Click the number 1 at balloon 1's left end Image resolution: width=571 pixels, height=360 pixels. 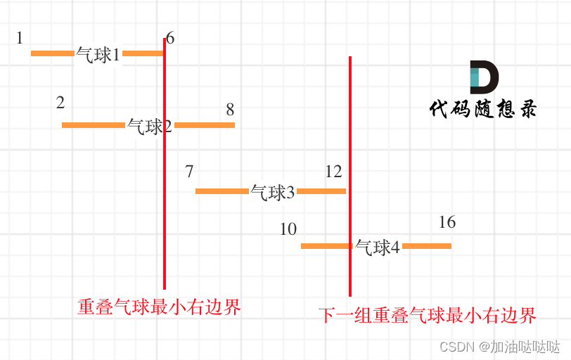tap(20, 38)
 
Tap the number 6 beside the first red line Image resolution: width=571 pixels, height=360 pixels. tap(170, 39)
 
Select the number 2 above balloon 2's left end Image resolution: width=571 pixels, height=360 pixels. tap(60, 103)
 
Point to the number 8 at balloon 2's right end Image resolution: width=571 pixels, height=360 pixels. tap(230, 110)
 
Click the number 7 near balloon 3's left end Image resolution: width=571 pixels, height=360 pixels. tap(189, 172)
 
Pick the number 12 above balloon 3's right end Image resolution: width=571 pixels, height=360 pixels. tap(333, 172)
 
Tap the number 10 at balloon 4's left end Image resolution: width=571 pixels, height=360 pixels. tap(288, 229)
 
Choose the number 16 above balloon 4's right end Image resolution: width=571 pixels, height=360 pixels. tap(447, 222)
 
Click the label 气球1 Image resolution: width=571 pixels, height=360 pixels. tap(98, 55)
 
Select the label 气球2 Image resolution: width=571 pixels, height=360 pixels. tap(150, 127)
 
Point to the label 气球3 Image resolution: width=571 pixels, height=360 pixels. tap(273, 193)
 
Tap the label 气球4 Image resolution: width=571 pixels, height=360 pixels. tap(377, 247)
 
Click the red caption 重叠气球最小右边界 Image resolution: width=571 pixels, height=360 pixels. tap(159, 307)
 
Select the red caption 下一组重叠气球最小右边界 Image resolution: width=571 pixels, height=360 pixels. tap(427, 315)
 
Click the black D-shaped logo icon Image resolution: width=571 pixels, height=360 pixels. tap(484, 77)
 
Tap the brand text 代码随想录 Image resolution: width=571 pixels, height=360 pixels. tap(482, 109)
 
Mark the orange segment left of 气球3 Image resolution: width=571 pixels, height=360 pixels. tap(222, 191)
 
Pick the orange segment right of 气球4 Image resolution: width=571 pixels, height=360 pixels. tap(426, 246)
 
